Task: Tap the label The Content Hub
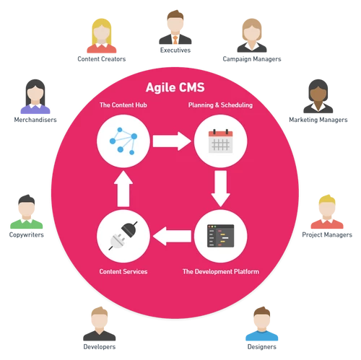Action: (x=123, y=106)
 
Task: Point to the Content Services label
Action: (x=123, y=272)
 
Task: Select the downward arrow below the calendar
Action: (x=221, y=189)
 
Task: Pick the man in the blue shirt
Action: (x=261, y=324)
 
